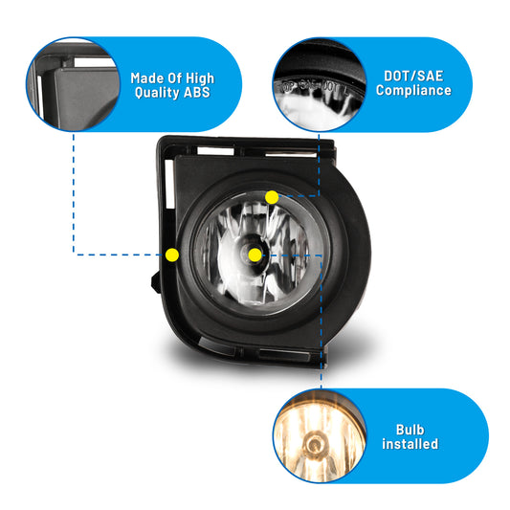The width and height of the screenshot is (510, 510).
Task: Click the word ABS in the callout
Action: pyautogui.click(x=197, y=93)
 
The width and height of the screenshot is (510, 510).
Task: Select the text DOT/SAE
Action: pyautogui.click(x=413, y=77)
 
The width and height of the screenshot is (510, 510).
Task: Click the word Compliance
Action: pyautogui.click(x=413, y=91)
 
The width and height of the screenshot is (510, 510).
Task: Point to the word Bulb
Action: pyautogui.click(x=410, y=430)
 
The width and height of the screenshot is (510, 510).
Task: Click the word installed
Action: pyautogui.click(x=410, y=444)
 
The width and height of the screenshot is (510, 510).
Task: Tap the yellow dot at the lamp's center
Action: pyautogui.click(x=255, y=255)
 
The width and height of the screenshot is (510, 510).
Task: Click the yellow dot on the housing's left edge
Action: pyautogui.click(x=172, y=255)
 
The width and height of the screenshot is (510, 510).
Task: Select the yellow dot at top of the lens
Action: pyautogui.click(x=272, y=197)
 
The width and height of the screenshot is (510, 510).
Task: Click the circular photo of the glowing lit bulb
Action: pyautogui.click(x=320, y=435)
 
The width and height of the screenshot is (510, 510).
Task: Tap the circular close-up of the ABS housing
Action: pyautogui.click(x=73, y=84)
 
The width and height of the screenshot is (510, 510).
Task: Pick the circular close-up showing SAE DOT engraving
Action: pyautogui.click(x=320, y=84)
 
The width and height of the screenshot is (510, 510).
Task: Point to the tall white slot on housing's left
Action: pyautogui.click(x=169, y=184)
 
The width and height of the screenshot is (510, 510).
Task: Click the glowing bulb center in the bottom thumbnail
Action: pyautogui.click(x=314, y=444)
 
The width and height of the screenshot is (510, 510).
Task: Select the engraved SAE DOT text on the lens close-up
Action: pyautogui.click(x=312, y=87)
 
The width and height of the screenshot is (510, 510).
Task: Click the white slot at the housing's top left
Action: pyautogui.click(x=215, y=151)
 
